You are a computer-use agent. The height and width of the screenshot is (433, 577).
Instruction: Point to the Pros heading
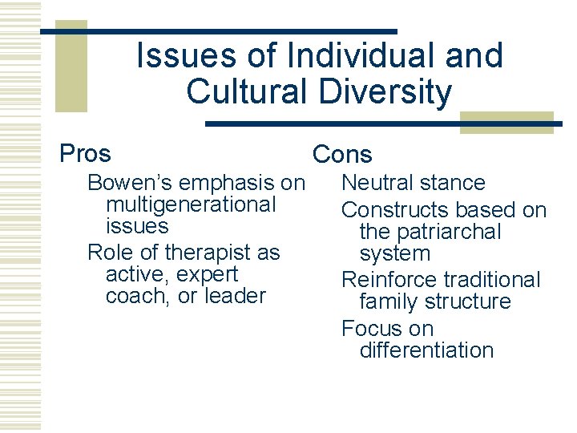pos(86,152)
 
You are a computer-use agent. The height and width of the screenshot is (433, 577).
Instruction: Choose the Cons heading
pos(342,154)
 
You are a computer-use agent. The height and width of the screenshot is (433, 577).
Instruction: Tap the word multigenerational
pos(191,204)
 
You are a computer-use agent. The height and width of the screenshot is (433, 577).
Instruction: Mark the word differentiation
pos(426,350)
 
